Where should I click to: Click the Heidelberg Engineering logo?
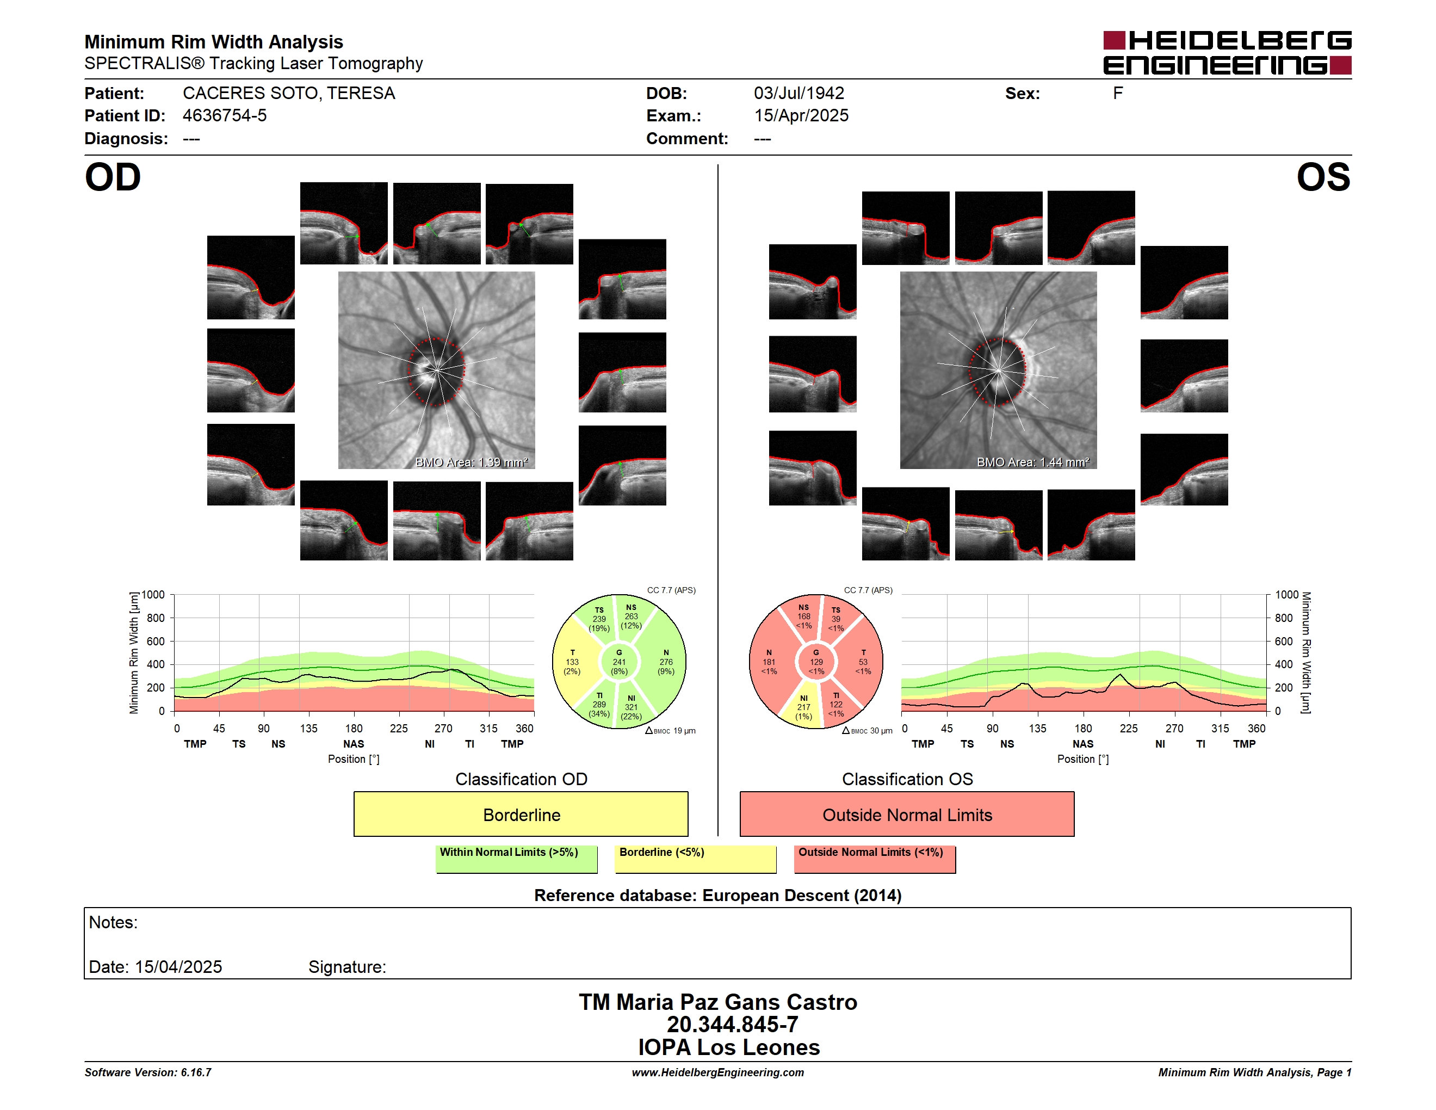click(1227, 53)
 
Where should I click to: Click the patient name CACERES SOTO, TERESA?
click(289, 94)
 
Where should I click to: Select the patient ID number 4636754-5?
click(225, 116)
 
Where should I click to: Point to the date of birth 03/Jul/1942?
click(799, 94)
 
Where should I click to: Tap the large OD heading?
click(113, 177)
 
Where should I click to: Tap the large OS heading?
click(1323, 177)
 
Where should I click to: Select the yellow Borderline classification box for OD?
click(521, 814)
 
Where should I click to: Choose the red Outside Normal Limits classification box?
click(907, 814)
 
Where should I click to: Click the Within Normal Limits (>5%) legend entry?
click(516, 859)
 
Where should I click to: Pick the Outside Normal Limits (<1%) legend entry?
click(875, 859)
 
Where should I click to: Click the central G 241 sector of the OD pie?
click(618, 662)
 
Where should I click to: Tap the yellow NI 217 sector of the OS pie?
click(803, 707)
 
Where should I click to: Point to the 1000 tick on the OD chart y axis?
click(153, 595)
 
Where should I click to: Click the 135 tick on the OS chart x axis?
click(1037, 729)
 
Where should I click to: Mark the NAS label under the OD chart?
click(353, 744)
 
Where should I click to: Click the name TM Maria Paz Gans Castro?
click(718, 1002)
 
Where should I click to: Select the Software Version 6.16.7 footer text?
click(148, 1072)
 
